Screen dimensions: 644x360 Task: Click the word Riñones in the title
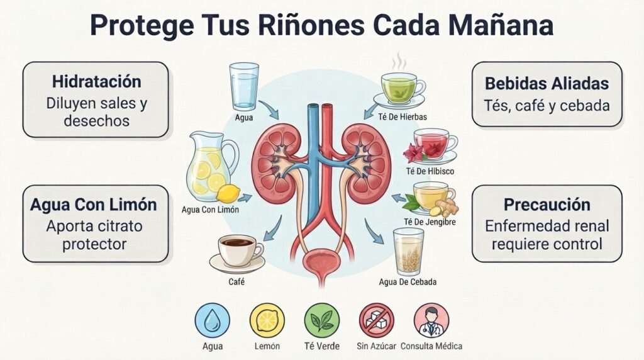(x=311, y=25)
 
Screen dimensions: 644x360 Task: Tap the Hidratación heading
(x=96, y=81)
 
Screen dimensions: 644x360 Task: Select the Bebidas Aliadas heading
(x=547, y=84)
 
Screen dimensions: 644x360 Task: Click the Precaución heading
(x=547, y=205)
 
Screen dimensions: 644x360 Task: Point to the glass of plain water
(x=244, y=86)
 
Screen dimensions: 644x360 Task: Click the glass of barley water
(x=408, y=252)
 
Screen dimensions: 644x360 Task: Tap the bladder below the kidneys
(x=321, y=262)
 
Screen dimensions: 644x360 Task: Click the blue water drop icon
(x=213, y=320)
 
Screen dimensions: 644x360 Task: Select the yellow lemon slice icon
(x=267, y=320)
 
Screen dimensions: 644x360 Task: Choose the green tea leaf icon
(x=322, y=320)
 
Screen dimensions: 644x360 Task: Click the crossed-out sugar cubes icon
(x=377, y=320)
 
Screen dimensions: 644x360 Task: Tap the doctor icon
(x=431, y=320)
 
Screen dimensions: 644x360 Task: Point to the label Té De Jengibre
(x=430, y=222)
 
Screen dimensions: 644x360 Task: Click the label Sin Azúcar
(x=376, y=346)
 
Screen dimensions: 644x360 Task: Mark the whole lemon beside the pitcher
(x=228, y=193)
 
